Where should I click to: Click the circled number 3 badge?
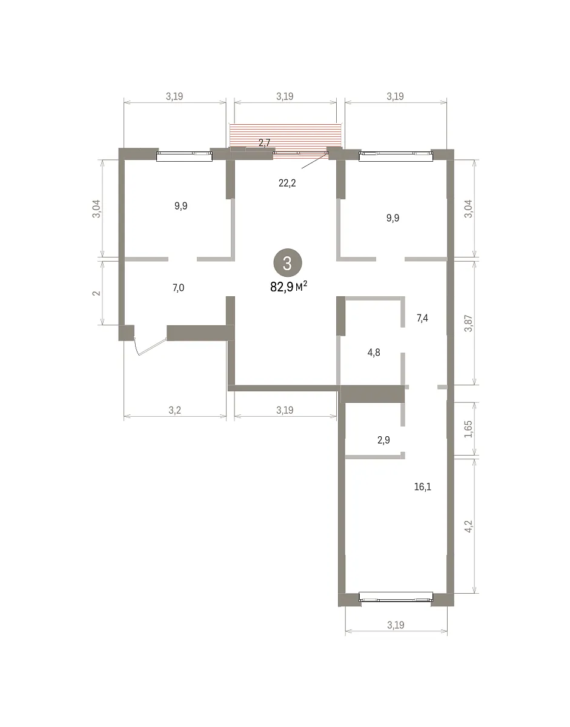[288, 263]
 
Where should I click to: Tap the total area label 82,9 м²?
[289, 287]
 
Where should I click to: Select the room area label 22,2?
[287, 183]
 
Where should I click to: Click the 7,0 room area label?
[179, 288]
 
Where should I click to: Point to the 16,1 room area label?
[423, 486]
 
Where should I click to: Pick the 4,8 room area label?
[374, 353]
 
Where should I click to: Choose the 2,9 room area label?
[383, 440]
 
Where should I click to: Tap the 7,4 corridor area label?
[422, 318]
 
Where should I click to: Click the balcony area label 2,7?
[264, 143]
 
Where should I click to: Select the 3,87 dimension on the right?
[469, 323]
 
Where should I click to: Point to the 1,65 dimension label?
[469, 429]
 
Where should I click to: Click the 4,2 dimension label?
[469, 526]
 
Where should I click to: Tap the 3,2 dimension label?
[174, 410]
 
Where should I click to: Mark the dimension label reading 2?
[96, 293]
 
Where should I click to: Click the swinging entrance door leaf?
[153, 347]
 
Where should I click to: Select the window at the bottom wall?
[396, 597]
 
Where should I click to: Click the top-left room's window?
[184, 156]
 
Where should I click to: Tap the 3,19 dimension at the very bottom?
[396, 625]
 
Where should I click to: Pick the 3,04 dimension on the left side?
[96, 209]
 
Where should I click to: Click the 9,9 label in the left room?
[181, 206]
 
